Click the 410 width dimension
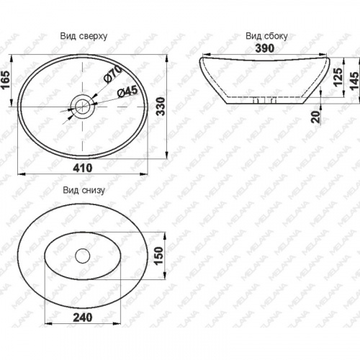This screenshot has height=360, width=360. tap(83, 168)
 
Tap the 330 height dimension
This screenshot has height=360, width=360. tap(161, 107)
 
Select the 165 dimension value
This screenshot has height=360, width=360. tap(6, 80)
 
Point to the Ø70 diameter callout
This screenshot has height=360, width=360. tap(112, 74)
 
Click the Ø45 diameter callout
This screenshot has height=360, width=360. tap(127, 91)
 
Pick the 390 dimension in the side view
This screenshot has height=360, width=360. tap(265, 48)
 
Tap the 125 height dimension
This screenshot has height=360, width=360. tap(338, 77)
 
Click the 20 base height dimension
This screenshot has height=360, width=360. tap(316, 117)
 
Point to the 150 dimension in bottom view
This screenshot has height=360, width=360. tap(159, 256)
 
